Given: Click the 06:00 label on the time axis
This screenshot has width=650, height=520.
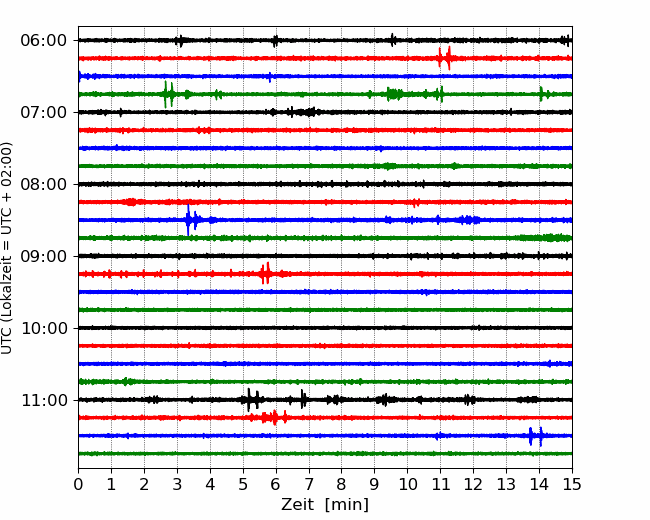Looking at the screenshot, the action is (x=43, y=41).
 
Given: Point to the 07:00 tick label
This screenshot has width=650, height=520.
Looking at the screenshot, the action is (x=43, y=112).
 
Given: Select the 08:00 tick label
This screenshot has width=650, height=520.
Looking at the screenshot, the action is (x=43, y=184).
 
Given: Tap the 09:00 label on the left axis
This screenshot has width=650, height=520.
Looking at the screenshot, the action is (x=43, y=256).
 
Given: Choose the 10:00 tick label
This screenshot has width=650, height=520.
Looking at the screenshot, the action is (x=43, y=328).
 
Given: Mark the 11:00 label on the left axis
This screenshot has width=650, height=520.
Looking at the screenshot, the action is (x=43, y=400).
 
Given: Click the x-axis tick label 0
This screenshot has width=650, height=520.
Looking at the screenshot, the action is (x=78, y=484).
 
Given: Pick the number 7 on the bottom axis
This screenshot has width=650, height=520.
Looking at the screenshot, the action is (x=309, y=484).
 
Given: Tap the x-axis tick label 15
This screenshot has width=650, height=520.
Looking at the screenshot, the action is (x=572, y=484).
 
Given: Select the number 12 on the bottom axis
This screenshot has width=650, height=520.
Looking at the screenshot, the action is (x=473, y=484).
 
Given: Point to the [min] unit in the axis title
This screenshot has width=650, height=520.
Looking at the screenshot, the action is (x=347, y=505).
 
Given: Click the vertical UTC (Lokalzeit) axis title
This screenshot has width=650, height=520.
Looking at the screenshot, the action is (x=7, y=248).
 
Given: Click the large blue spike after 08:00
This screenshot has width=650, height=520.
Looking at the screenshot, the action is (x=188, y=220).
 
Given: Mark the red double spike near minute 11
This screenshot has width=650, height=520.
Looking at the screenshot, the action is (x=444, y=58).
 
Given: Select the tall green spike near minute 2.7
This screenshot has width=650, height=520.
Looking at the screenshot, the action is (x=165, y=94).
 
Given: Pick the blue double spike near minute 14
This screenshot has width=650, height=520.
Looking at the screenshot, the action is (x=536, y=436).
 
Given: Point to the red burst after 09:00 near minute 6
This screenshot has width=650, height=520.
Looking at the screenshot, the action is (x=265, y=273).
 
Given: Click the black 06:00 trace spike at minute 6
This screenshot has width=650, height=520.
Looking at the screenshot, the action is (x=275, y=41).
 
